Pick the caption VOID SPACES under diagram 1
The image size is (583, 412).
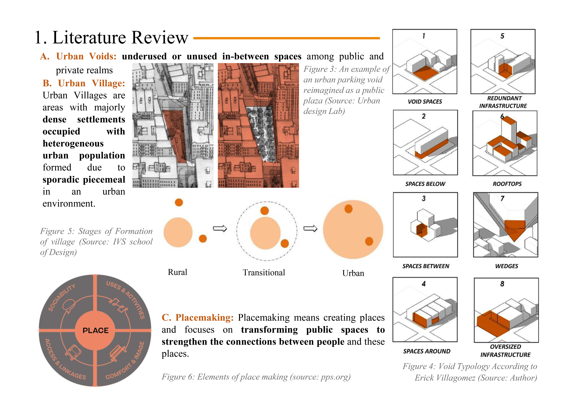pos(425,102)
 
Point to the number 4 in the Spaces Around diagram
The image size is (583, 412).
pos(424,284)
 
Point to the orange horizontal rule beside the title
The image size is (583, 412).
pos(286,38)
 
